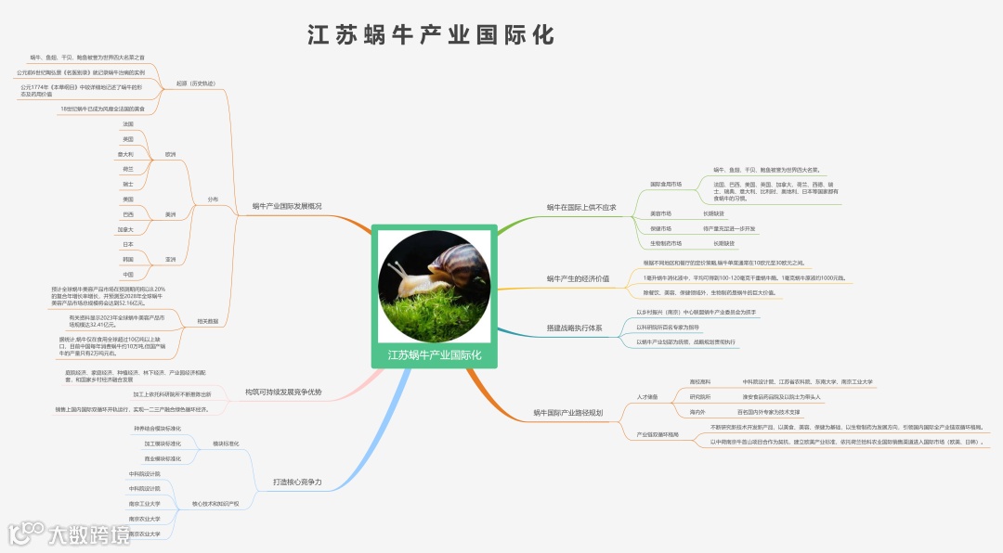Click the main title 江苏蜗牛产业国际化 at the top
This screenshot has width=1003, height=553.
click(x=432, y=35)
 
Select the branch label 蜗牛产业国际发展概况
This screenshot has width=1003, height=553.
click(x=287, y=206)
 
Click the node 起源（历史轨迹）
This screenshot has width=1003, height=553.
click(x=195, y=84)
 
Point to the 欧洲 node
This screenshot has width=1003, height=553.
click(x=170, y=154)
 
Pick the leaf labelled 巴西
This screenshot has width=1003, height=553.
click(x=127, y=214)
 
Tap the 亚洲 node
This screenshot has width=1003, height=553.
click(x=170, y=260)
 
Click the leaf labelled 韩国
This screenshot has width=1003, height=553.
click(x=127, y=260)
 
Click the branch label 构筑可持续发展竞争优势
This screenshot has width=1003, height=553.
click(x=283, y=392)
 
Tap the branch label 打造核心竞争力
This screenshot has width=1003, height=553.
click(x=297, y=482)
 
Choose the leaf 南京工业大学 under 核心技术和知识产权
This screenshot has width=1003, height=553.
click(x=144, y=504)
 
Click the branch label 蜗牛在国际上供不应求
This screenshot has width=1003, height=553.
click(x=581, y=208)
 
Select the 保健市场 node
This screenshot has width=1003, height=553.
click(x=661, y=228)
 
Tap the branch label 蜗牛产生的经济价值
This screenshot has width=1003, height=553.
click(x=578, y=278)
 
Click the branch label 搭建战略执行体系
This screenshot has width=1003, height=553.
click(x=574, y=328)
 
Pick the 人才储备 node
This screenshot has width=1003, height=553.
click(x=647, y=397)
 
